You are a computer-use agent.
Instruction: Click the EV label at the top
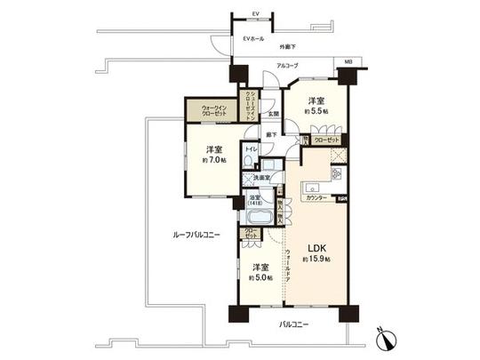point(255,15)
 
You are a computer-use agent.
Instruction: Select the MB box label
point(348,62)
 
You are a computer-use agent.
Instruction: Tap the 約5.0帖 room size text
point(260,276)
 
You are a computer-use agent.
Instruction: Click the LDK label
point(316,248)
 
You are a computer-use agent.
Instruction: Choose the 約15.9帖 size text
point(316,259)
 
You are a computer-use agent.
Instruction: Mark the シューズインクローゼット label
point(252,105)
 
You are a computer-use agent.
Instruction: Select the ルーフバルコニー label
point(196,235)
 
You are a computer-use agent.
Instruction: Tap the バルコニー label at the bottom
point(293,324)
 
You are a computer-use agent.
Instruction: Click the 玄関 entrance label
point(275,114)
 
